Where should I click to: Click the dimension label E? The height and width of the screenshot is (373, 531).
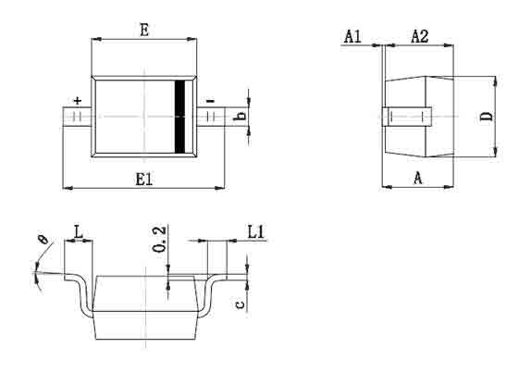pyautogui.click(x=144, y=30)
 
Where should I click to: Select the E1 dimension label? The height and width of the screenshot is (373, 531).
pyautogui.click(x=144, y=179)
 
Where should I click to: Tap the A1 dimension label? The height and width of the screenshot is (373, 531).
pyautogui.click(x=352, y=36)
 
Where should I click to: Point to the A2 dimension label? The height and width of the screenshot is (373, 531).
pyautogui.click(x=420, y=36)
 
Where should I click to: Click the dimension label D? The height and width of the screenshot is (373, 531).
pyautogui.click(x=487, y=117)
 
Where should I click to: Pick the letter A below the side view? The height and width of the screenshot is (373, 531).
pyautogui.click(x=418, y=178)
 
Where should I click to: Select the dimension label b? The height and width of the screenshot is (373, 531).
pyautogui.click(x=241, y=116)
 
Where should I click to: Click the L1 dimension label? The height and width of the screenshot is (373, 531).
pyautogui.click(x=255, y=232)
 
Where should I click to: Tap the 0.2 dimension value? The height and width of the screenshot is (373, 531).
pyautogui.click(x=159, y=239)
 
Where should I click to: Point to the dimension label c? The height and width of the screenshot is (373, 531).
pyautogui.click(x=240, y=305)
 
